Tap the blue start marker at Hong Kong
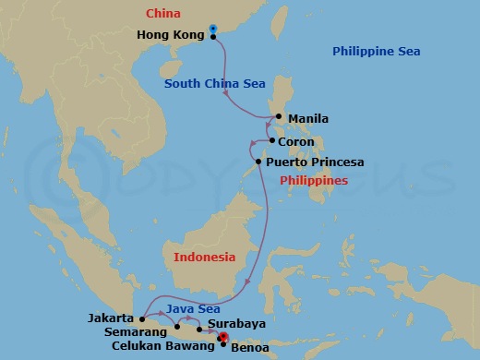(213, 30)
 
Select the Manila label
(308, 119)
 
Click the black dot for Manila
(278, 116)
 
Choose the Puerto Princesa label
(314, 162)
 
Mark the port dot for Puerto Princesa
(258, 162)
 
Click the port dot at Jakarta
(141, 319)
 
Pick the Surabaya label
(237, 324)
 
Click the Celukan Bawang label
(162, 345)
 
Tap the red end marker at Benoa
(223, 340)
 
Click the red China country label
(162, 14)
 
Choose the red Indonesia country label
(204, 257)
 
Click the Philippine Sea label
(377, 52)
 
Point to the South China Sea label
(215, 84)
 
